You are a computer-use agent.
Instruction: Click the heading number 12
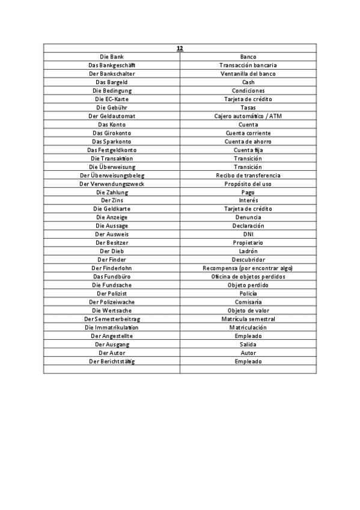pos(180,48)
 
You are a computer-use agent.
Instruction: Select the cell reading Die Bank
pos(112,57)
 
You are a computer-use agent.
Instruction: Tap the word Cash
pos(248,82)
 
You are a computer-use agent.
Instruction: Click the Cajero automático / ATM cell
pos(248,116)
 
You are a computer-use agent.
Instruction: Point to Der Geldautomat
pos(112,116)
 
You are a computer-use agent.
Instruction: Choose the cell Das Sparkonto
pos(112,141)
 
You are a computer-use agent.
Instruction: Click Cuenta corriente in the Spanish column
pos(248,133)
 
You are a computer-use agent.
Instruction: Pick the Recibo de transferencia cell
pos(248,175)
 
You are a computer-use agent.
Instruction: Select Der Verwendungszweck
pos(112,183)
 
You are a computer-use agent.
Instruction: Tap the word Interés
pos(248,200)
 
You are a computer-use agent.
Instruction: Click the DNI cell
pos(248,234)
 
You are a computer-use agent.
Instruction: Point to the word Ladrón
pos(248,251)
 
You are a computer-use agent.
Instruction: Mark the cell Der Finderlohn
pos(112,268)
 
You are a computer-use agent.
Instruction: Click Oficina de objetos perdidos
pos(248,276)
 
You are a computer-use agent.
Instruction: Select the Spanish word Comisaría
pos(248,302)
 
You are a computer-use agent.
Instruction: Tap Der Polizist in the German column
pos(112,293)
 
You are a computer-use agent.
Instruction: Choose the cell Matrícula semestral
pos(248,319)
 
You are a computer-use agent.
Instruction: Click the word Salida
pos(248,344)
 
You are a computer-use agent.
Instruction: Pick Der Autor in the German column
pos(112,352)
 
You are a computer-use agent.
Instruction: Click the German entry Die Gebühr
pos(112,107)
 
